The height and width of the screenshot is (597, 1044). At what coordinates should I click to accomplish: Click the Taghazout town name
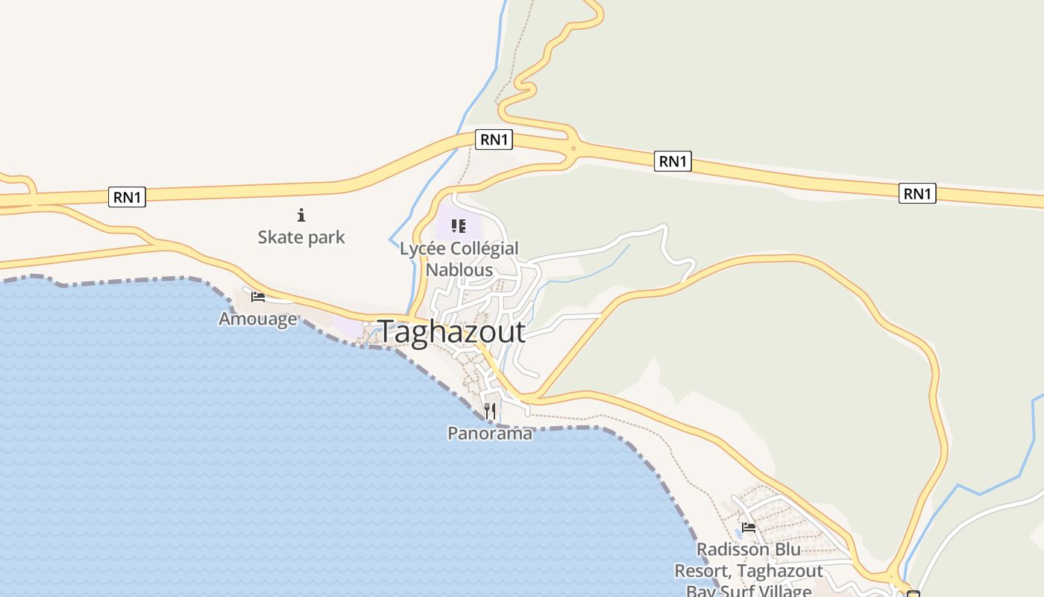(x=452, y=332)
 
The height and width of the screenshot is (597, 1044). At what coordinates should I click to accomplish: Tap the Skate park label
(x=301, y=237)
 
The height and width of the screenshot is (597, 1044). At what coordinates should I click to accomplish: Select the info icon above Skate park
(x=301, y=216)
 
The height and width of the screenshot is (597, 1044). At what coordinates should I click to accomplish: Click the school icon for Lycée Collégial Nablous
(x=459, y=225)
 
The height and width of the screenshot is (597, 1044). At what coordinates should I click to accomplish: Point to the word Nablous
(x=459, y=269)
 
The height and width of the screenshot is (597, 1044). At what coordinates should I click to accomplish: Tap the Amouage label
(x=258, y=319)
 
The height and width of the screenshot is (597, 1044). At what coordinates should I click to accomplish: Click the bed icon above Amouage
(x=258, y=297)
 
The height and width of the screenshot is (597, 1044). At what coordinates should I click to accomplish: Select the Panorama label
(x=490, y=433)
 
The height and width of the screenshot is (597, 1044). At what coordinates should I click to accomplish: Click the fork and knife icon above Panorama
(x=490, y=410)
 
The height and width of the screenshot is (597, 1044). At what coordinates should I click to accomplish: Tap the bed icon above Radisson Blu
(x=749, y=528)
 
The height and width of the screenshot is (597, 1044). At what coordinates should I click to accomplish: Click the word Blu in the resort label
(x=784, y=550)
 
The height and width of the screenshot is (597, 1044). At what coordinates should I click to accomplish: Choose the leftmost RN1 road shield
(x=127, y=197)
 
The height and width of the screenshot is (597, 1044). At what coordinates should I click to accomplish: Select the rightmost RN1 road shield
(x=917, y=194)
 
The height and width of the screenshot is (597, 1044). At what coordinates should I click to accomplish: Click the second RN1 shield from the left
(x=494, y=140)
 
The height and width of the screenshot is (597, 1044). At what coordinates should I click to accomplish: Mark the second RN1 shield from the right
(x=673, y=161)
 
